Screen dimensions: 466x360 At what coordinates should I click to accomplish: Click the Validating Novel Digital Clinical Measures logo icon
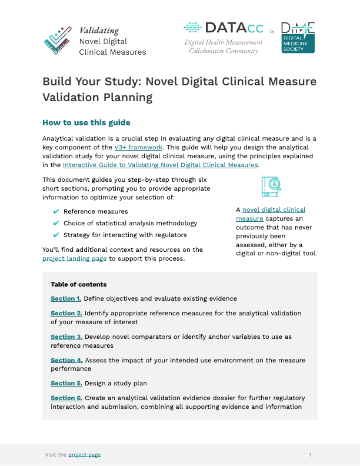pos(58,41)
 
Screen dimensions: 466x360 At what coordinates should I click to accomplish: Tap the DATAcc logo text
pos(226,28)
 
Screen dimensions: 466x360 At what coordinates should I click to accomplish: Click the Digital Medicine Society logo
pos(298,38)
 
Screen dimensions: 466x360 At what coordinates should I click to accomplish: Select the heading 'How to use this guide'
pos(86,123)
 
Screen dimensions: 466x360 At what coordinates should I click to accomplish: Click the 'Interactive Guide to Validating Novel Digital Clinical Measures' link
pos(161,165)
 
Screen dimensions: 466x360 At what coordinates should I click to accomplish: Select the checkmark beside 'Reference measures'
pos(56,211)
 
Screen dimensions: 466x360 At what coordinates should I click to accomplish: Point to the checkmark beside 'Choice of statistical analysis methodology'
pos(56,223)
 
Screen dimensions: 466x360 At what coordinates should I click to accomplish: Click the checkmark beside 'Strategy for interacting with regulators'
pos(56,235)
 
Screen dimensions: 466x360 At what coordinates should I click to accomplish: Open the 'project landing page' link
pos(74,258)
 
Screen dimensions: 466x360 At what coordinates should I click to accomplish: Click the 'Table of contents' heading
pos(78,284)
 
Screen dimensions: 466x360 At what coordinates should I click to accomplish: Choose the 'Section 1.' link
pos(66,299)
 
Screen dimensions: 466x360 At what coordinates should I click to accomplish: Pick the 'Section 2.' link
pos(66,314)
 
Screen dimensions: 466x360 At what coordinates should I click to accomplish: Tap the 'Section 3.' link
pos(66,337)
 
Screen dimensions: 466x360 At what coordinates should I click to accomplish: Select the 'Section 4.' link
pos(66,360)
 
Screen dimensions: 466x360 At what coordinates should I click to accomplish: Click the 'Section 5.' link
pos(66,384)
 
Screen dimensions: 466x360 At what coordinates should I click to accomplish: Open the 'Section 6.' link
pos(66,398)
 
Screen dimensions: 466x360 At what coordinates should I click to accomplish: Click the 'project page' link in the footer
pos(84,455)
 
